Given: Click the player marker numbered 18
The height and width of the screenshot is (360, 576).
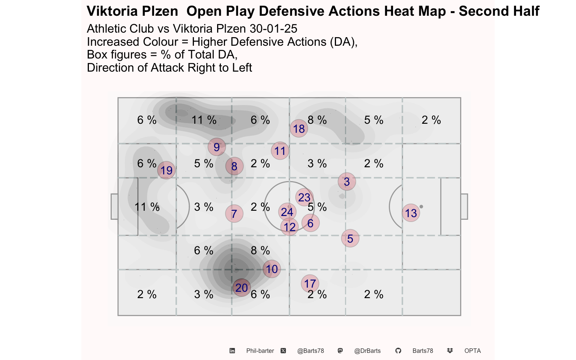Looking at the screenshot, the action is (299, 129).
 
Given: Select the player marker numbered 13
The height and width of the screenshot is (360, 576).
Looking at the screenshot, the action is (411, 213).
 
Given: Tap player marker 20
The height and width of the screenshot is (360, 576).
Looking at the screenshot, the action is (241, 288).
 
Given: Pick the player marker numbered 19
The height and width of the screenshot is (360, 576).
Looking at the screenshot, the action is (166, 170).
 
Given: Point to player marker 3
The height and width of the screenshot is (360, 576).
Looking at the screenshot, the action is (347, 181).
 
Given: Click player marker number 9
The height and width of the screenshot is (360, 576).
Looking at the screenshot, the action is (217, 147).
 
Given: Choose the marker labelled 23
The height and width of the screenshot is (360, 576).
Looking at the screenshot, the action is (304, 198).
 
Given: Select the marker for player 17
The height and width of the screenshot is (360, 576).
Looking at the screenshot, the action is (310, 283).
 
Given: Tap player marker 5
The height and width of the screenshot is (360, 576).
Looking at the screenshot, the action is (350, 238).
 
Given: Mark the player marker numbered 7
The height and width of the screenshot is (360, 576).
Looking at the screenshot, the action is (234, 214).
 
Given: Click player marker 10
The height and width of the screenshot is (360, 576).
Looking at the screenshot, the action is (272, 269).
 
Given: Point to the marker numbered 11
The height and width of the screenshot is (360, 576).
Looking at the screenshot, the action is (280, 151).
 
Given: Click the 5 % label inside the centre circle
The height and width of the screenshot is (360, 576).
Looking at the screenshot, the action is (317, 207).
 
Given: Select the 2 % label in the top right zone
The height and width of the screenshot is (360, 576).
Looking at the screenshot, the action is (431, 120).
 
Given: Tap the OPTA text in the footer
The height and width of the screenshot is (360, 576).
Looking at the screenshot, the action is (472, 351).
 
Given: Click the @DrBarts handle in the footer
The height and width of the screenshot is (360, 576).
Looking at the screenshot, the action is (367, 351).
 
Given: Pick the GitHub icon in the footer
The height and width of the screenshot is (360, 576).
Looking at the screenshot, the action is (398, 351).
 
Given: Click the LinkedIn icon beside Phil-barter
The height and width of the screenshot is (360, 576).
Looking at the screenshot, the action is (232, 351).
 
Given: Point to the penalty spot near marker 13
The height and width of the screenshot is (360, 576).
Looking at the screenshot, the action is (421, 207).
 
